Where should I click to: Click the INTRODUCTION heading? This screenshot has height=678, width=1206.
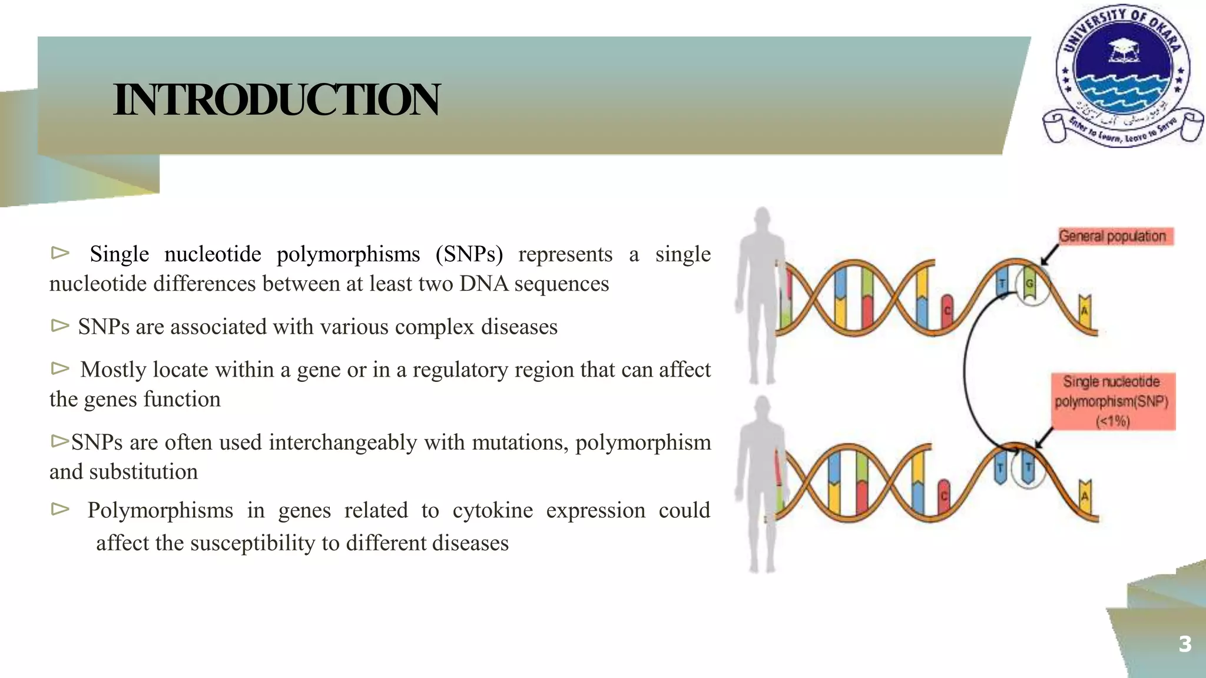pyautogui.click(x=276, y=100)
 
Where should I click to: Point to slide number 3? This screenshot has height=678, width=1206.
pyautogui.click(x=1185, y=644)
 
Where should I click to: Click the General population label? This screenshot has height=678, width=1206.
pyautogui.click(x=1112, y=236)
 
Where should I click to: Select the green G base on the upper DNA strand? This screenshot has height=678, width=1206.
pyautogui.click(x=1029, y=284)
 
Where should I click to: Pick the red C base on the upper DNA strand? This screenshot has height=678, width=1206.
pyautogui.click(x=947, y=310)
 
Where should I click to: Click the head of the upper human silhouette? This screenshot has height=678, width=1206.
pyautogui.click(x=762, y=218)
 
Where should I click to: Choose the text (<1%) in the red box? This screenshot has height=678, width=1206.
pyautogui.click(x=1112, y=421)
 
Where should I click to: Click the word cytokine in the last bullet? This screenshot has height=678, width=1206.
pyautogui.click(x=492, y=510)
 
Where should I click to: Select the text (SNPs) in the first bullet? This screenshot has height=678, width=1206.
pyautogui.click(x=469, y=254)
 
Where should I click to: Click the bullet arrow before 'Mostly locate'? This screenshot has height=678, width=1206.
pyautogui.click(x=60, y=368)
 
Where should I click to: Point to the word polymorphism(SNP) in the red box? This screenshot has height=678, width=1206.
pyautogui.click(x=1111, y=401)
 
